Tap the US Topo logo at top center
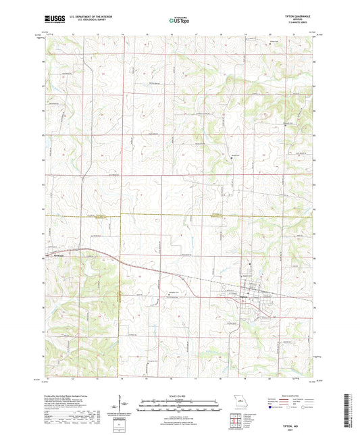pos(180,21)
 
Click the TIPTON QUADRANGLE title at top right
pos(301,17)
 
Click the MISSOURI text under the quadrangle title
pos(301,20)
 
